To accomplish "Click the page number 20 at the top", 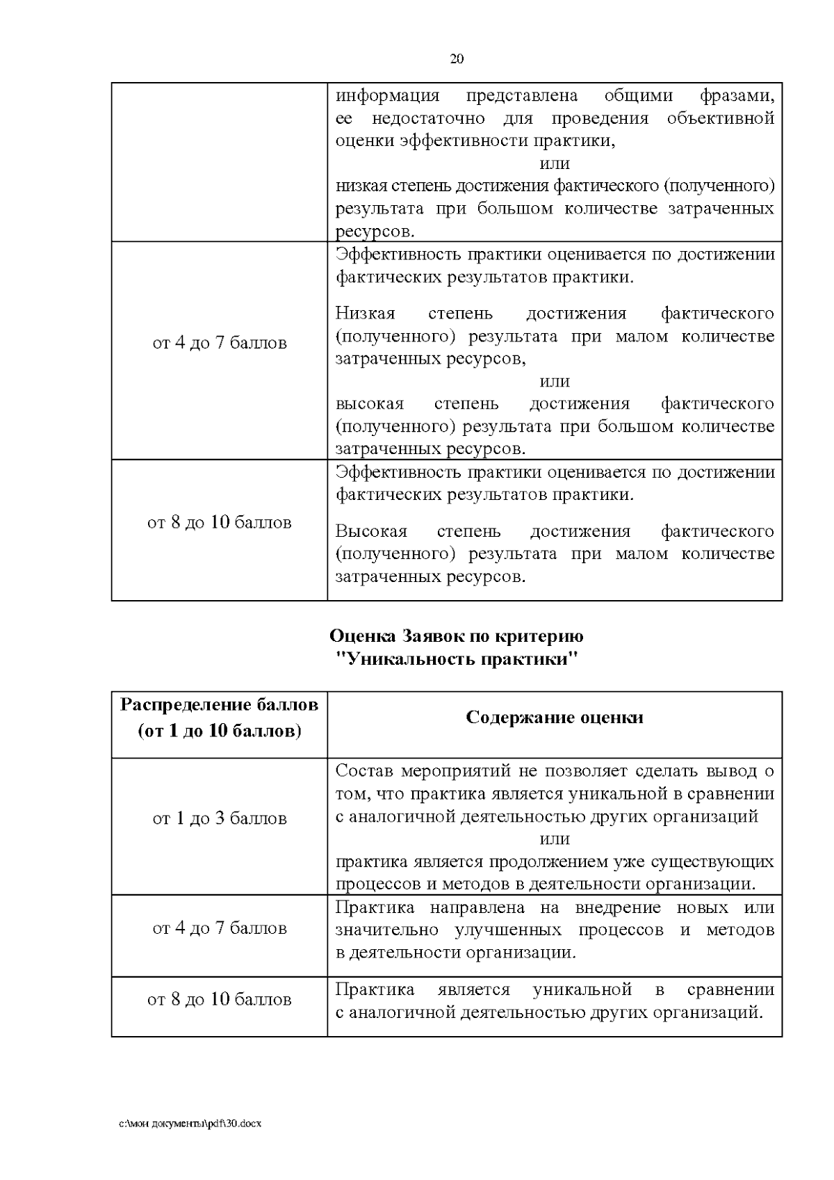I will pyautogui.click(x=457, y=59).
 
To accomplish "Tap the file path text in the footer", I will pyautogui.click(x=190, y=1123).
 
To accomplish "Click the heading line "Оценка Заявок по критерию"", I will pyautogui.click(x=456, y=636).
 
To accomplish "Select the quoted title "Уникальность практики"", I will pyautogui.click(x=456, y=658).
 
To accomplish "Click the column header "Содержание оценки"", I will pyautogui.click(x=554, y=718).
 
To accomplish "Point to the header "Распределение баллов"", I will pyautogui.click(x=220, y=705).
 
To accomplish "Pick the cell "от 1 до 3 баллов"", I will pyautogui.click(x=220, y=818).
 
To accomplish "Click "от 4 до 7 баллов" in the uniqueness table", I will pyautogui.click(x=220, y=928).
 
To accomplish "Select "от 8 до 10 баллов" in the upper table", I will pyautogui.click(x=220, y=522).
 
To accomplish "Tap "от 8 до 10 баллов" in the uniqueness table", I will pyautogui.click(x=220, y=999).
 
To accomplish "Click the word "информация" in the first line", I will pyautogui.click(x=387, y=96).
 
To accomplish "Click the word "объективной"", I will pyautogui.click(x=720, y=118).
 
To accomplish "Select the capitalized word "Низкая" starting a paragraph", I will pyautogui.click(x=365, y=314).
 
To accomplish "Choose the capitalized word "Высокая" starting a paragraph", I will pyautogui.click(x=371, y=531).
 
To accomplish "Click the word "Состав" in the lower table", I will pyautogui.click(x=363, y=770).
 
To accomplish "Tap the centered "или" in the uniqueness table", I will pyautogui.click(x=555, y=839).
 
